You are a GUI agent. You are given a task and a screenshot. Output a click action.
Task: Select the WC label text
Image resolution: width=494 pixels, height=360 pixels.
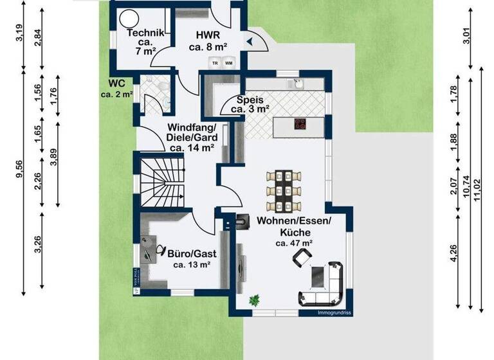(x=116, y=89)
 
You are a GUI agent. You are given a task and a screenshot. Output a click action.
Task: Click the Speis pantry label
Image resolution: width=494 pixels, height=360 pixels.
(x=250, y=104)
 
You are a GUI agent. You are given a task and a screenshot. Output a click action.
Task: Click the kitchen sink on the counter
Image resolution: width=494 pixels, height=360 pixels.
(x=298, y=83)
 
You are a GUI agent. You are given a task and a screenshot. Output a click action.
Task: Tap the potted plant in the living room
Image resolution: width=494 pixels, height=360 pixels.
(x=255, y=300)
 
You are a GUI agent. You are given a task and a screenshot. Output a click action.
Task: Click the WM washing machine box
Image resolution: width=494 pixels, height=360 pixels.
(x=228, y=62)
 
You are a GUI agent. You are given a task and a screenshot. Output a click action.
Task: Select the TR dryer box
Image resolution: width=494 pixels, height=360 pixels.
(x=214, y=62)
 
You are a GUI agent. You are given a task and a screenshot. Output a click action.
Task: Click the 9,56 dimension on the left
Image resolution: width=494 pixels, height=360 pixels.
(x=21, y=168)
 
